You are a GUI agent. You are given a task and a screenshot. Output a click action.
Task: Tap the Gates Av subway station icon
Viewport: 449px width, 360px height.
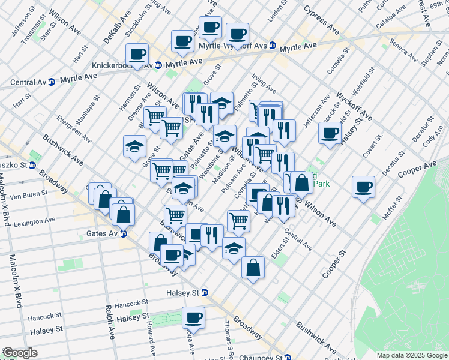pos(123,233)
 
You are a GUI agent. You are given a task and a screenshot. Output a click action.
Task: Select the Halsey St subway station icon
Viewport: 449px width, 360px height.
pos(205,293)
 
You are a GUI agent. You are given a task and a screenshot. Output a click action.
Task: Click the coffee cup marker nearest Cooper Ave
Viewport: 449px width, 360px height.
pos(363,187)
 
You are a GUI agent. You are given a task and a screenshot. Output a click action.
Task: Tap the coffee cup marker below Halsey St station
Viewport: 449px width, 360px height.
pos(193,317)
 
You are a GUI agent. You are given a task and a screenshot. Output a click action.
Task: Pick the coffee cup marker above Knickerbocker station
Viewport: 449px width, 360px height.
pos(137,54)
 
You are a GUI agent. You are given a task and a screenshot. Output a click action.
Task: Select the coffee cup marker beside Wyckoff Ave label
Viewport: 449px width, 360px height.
pos(330,133)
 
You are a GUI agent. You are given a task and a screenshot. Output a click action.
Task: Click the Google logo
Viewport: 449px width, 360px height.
pos(19,353)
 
